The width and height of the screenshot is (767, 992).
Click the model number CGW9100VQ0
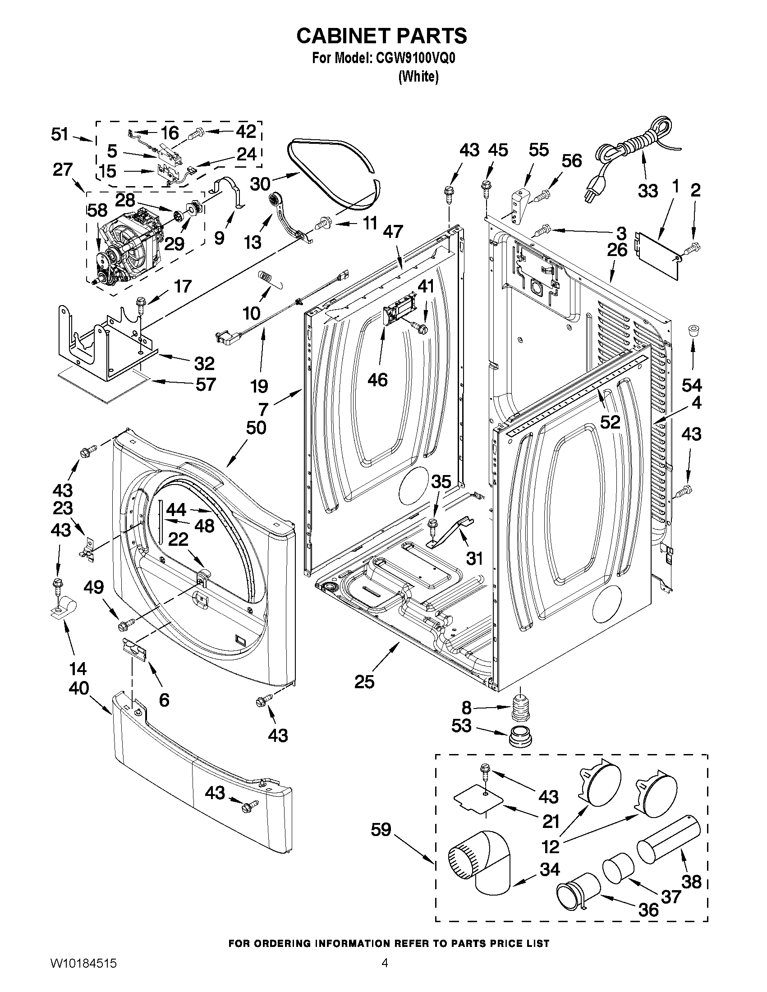tap(413, 59)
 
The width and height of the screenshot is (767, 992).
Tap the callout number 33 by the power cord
tap(648, 191)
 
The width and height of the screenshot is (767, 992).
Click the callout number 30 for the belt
tap(260, 184)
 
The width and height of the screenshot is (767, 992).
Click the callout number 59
tap(381, 830)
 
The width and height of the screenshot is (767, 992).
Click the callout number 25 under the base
tap(364, 681)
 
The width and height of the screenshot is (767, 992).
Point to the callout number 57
tap(205, 384)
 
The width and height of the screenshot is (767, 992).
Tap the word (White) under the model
tap(418, 77)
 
